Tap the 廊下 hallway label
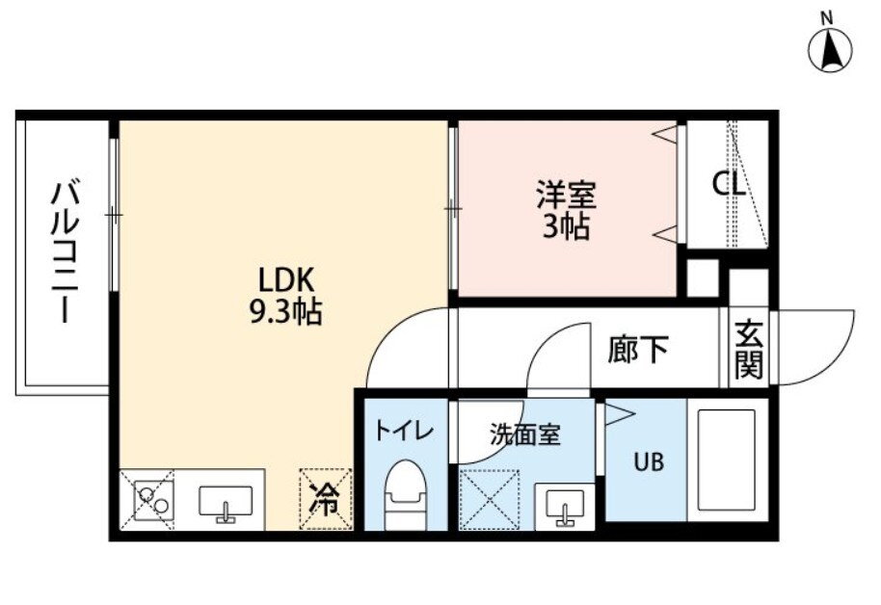pos(638,349)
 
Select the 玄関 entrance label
pos(748,348)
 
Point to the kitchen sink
pos(226,501)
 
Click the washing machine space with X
pos(489,499)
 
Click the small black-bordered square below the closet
pos(701,278)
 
